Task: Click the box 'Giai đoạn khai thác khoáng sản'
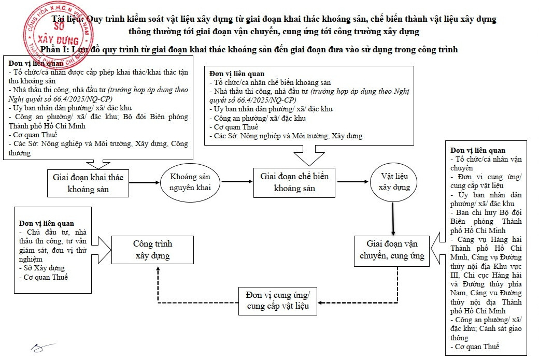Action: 88,183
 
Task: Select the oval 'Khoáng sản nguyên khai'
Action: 190,182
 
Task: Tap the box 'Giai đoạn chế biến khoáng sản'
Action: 294,182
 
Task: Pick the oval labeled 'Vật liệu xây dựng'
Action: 394,182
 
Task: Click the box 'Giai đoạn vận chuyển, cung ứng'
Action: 392,251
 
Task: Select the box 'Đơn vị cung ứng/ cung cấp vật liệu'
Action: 278,301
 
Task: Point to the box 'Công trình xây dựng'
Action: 152,250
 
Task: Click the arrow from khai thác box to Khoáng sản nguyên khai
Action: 145,182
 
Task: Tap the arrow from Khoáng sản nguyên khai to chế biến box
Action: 237,181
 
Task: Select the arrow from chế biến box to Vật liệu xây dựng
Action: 353,181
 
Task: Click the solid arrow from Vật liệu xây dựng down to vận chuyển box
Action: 393,219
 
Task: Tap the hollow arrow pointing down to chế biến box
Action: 309,155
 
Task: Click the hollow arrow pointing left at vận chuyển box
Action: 438,248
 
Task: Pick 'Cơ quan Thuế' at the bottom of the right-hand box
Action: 477,347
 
